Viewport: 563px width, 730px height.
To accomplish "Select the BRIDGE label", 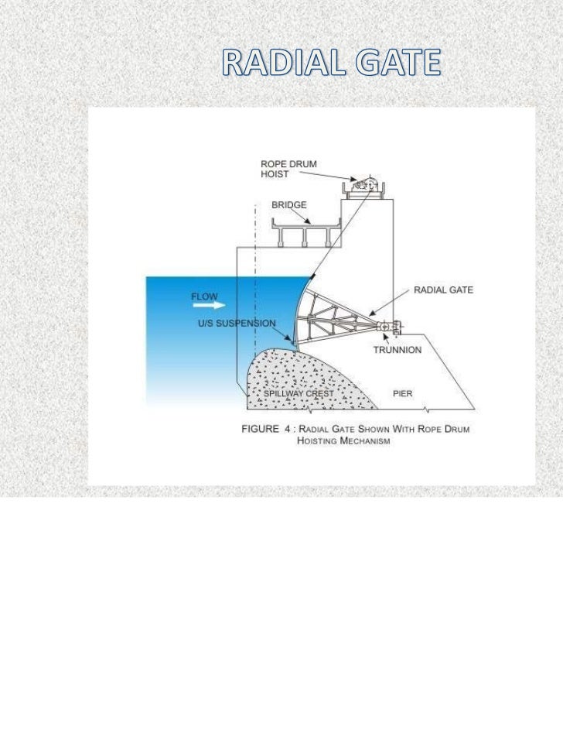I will click(x=289, y=206).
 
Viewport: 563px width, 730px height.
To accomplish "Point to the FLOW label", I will click(x=205, y=296).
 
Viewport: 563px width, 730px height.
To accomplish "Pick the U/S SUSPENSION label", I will click(x=236, y=323).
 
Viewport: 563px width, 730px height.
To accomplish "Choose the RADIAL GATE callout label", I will click(x=443, y=290).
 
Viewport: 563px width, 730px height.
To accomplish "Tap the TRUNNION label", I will click(x=398, y=350).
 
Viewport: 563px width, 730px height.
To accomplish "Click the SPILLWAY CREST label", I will click(x=299, y=394).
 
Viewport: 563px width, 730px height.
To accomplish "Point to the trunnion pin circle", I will click(x=384, y=327).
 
